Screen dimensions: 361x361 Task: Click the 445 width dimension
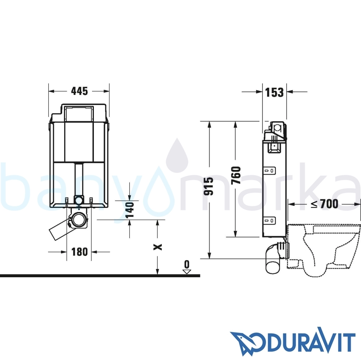tap(79, 91)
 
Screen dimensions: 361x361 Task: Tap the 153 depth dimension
tap(274, 92)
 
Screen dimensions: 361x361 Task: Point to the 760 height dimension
tap(236, 175)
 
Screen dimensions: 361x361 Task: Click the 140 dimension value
tap(130, 209)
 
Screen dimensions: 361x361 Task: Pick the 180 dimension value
tap(79, 252)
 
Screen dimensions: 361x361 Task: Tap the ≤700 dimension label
tap(325, 204)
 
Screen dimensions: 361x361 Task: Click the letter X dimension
tap(158, 247)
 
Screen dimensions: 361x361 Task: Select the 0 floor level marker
tap(187, 267)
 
